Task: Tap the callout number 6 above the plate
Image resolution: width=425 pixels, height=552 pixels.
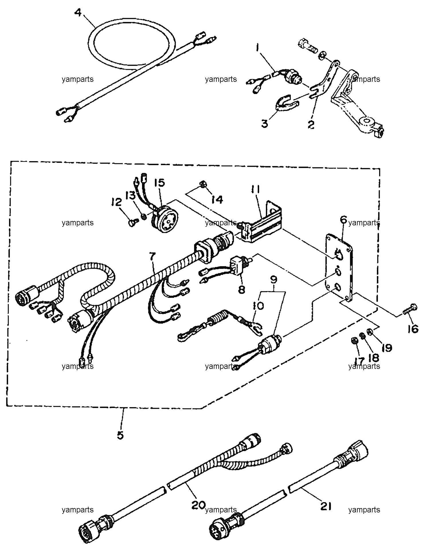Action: coord(344,220)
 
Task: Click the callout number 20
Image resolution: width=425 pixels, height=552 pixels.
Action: coord(198,504)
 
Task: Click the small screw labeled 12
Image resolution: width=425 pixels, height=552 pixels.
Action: coord(134,222)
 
